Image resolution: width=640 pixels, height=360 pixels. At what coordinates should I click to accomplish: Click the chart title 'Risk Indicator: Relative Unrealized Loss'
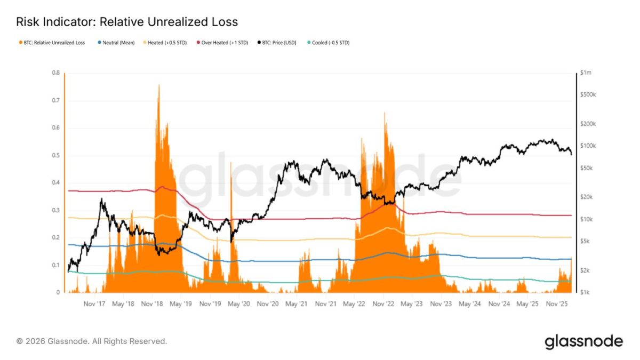127,22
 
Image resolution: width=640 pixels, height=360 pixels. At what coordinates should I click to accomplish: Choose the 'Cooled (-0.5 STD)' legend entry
330,42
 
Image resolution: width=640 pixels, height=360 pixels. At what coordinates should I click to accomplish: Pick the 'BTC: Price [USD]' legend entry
278,42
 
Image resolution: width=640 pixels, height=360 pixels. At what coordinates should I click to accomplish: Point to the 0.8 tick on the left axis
55,73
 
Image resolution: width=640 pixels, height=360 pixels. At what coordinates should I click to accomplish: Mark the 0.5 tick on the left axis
55,156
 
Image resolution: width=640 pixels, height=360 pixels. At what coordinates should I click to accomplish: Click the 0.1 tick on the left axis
55,266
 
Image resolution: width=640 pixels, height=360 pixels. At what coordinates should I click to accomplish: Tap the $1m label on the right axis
586,73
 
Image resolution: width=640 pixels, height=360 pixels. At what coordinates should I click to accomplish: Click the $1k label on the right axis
586,293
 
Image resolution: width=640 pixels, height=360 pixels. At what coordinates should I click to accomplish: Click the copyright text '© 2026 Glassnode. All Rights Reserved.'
92,341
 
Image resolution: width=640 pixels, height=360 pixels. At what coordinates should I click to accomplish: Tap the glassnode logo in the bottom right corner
583,341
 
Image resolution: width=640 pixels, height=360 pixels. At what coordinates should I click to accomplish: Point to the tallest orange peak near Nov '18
158,85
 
